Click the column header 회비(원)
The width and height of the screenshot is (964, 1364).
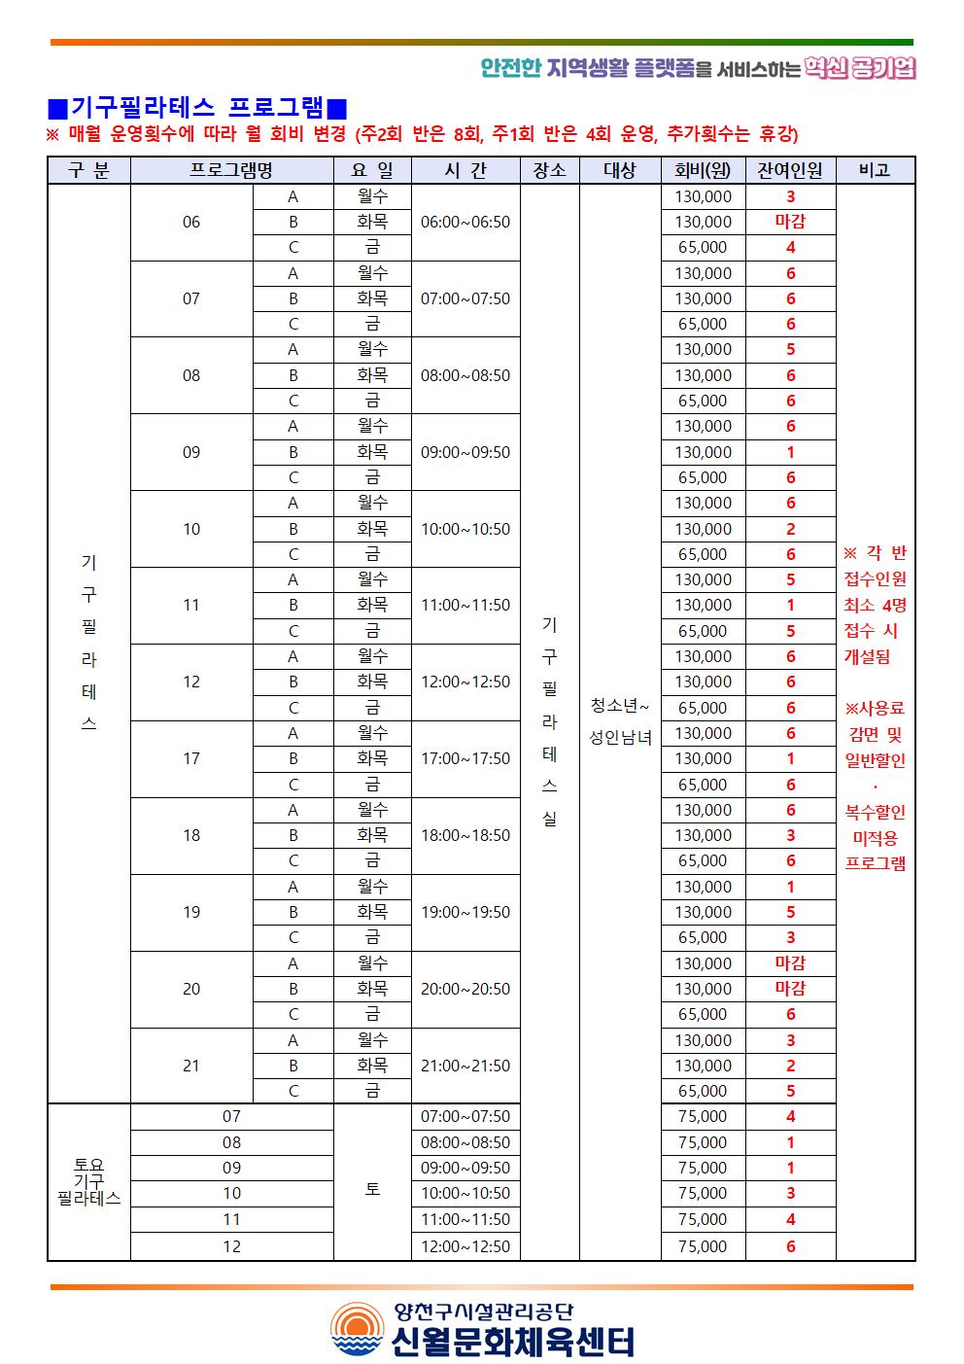pyautogui.click(x=703, y=170)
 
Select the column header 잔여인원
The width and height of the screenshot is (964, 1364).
pyautogui.click(x=790, y=170)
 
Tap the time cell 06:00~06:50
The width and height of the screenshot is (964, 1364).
pyautogui.click(x=465, y=222)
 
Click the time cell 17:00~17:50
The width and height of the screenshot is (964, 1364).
pyautogui.click(x=465, y=758)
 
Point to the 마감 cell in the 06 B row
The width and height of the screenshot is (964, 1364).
pyautogui.click(x=790, y=222)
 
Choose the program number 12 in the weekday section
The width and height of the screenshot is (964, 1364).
pyautogui.click(x=191, y=682)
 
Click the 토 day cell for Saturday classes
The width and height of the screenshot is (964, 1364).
pyautogui.click(x=372, y=1188)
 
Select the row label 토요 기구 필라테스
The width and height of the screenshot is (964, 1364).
pyautogui.click(x=88, y=1181)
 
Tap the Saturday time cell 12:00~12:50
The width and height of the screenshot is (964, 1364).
pyautogui.click(x=465, y=1246)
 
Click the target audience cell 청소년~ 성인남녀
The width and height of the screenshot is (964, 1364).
pyautogui.click(x=620, y=720)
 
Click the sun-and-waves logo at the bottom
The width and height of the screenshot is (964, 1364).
pyautogui.click(x=357, y=1329)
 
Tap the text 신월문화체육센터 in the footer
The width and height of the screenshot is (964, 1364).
pyautogui.click(x=512, y=1342)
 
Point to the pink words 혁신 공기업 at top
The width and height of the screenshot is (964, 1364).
pyautogui.click(x=860, y=68)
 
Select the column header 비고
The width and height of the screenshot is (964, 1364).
pyautogui.click(x=875, y=170)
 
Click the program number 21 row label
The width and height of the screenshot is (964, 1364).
pyautogui.click(x=191, y=1066)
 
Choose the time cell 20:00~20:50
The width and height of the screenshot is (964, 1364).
pyautogui.click(x=465, y=989)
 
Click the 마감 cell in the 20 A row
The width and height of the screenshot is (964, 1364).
pyautogui.click(x=790, y=963)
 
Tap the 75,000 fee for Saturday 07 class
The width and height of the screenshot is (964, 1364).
pyautogui.click(x=703, y=1116)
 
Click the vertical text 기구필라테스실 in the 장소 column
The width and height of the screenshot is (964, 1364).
pyautogui.click(x=549, y=720)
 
